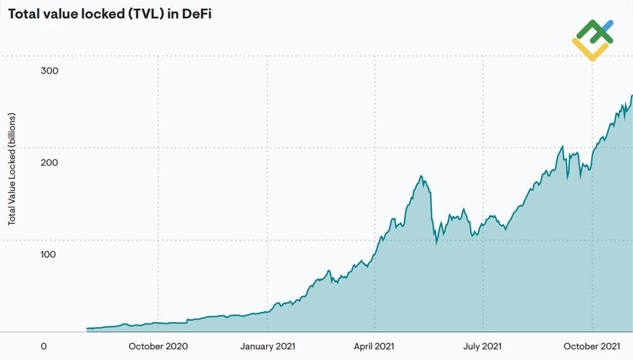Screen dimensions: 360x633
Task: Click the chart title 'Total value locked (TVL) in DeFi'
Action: click(110, 14)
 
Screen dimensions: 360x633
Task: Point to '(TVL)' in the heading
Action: click(147, 14)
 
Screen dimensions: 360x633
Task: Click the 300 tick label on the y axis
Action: click(49, 70)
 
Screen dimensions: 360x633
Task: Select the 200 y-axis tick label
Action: click(49, 163)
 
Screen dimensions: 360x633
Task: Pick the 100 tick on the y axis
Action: click(49, 254)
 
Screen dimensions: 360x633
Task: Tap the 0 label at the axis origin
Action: click(44, 346)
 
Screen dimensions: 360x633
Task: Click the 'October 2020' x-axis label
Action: click(158, 346)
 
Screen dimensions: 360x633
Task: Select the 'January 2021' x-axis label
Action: click(267, 346)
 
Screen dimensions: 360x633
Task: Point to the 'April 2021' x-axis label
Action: click(374, 346)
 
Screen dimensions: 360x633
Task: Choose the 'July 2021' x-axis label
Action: click(482, 346)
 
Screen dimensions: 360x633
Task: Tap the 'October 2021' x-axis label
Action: click(592, 346)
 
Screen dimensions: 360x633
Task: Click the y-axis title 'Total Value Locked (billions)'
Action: click(12, 169)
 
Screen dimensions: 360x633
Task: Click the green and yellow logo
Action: click(592, 39)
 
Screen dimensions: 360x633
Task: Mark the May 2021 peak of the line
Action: click(422, 177)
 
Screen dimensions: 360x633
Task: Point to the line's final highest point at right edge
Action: click(631, 96)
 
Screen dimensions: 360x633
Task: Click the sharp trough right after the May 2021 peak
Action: click(436, 243)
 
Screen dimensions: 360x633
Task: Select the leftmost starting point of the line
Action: click(87, 328)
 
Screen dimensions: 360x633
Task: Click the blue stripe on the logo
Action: click(607, 25)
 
